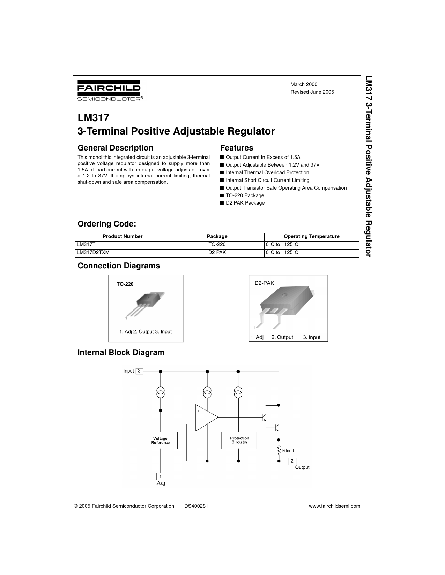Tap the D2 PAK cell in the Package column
click(x=217, y=252)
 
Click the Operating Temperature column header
click(x=311, y=236)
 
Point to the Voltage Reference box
click(x=160, y=440)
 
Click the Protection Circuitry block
click(x=239, y=440)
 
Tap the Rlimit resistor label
click(x=288, y=450)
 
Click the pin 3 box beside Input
click(x=139, y=371)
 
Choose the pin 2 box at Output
click(x=292, y=461)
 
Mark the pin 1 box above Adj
click(x=160, y=476)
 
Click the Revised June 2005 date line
click(x=312, y=92)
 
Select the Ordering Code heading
click(x=107, y=224)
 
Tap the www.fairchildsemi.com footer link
click(x=334, y=506)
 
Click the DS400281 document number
click(x=196, y=506)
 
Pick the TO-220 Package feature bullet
click(x=245, y=195)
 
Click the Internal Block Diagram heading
click(x=121, y=352)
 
